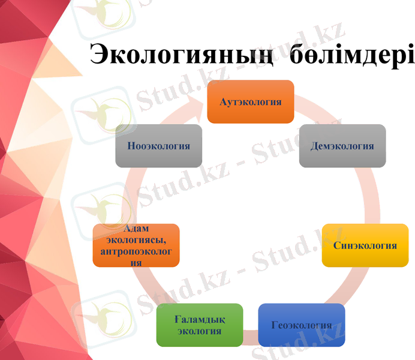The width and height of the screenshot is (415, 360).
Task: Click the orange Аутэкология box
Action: [x=250, y=101]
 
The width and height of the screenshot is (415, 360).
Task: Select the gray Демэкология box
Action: [x=342, y=146]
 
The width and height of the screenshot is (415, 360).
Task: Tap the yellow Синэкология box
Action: [x=365, y=245]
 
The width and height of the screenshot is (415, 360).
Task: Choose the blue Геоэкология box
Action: [x=301, y=325]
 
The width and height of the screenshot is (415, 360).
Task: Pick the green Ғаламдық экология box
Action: [x=199, y=325]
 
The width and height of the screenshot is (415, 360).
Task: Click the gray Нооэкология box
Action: [x=158, y=146]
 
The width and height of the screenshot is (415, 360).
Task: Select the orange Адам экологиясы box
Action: [x=136, y=245]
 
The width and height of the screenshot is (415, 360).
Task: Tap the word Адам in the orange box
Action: [x=136, y=229]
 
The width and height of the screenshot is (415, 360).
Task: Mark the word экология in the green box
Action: [x=199, y=331]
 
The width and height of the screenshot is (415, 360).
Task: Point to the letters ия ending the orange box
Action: [x=136, y=263]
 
